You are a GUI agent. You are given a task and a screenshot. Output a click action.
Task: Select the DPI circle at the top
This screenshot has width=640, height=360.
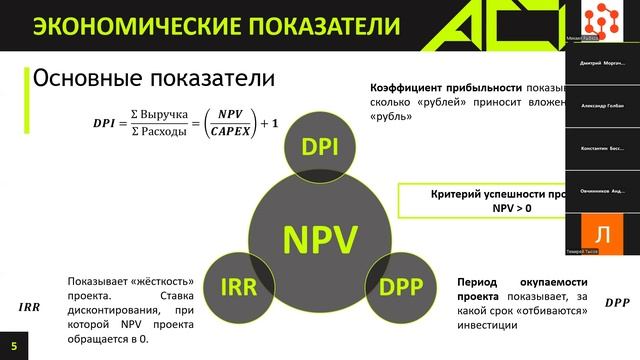click(x=319, y=148)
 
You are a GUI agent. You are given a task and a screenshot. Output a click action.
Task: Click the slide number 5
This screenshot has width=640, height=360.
click(x=14, y=345)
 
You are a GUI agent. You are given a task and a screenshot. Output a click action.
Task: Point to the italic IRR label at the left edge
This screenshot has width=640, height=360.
click(x=30, y=307)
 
